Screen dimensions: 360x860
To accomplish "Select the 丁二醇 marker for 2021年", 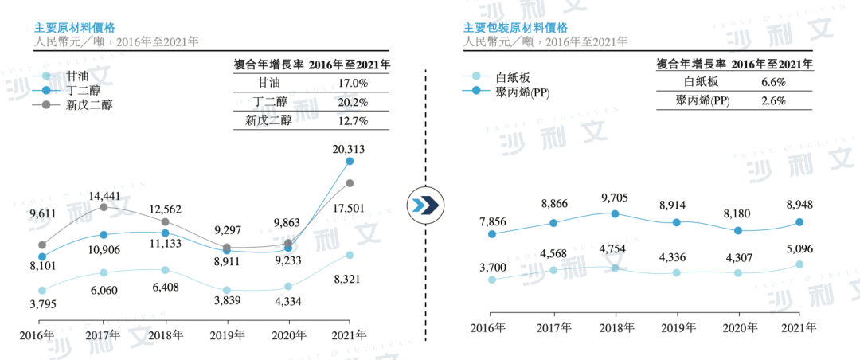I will click(x=350, y=162).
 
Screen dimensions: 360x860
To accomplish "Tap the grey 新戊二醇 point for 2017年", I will click(x=104, y=207).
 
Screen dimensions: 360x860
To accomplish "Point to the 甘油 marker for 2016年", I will click(x=42, y=291).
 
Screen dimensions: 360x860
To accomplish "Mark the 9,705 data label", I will click(x=615, y=198).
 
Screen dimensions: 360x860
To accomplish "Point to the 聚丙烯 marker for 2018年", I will click(x=616, y=213).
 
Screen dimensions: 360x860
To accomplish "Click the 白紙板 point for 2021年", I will click(x=799, y=264).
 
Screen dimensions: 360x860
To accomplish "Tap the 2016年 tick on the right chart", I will click(x=488, y=328).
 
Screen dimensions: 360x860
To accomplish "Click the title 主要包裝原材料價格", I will click(x=515, y=26).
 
